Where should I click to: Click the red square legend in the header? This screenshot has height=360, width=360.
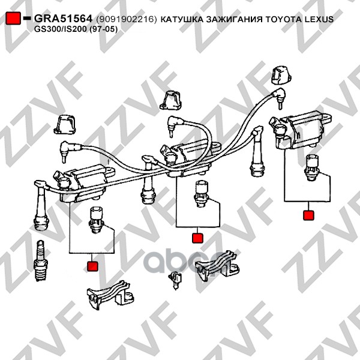13,18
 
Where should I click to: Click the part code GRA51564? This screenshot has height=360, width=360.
63,19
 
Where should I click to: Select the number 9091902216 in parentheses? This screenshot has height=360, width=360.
126,19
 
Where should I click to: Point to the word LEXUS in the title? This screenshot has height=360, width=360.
319,19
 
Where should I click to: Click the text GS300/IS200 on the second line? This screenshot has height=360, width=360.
60,29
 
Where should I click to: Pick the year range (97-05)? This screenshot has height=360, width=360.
103,29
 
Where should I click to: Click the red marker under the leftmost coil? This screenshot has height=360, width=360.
92,266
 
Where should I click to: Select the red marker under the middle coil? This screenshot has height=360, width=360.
197,238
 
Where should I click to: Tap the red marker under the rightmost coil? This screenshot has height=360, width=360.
308,215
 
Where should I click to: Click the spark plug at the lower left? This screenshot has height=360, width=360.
40,260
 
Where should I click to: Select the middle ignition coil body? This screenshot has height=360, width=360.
191,158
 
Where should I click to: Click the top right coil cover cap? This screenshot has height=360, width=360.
281,76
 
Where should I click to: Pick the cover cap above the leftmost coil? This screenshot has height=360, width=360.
65,125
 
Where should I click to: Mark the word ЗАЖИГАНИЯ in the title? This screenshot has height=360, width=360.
234,19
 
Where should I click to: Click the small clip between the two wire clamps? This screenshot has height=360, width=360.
175,280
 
